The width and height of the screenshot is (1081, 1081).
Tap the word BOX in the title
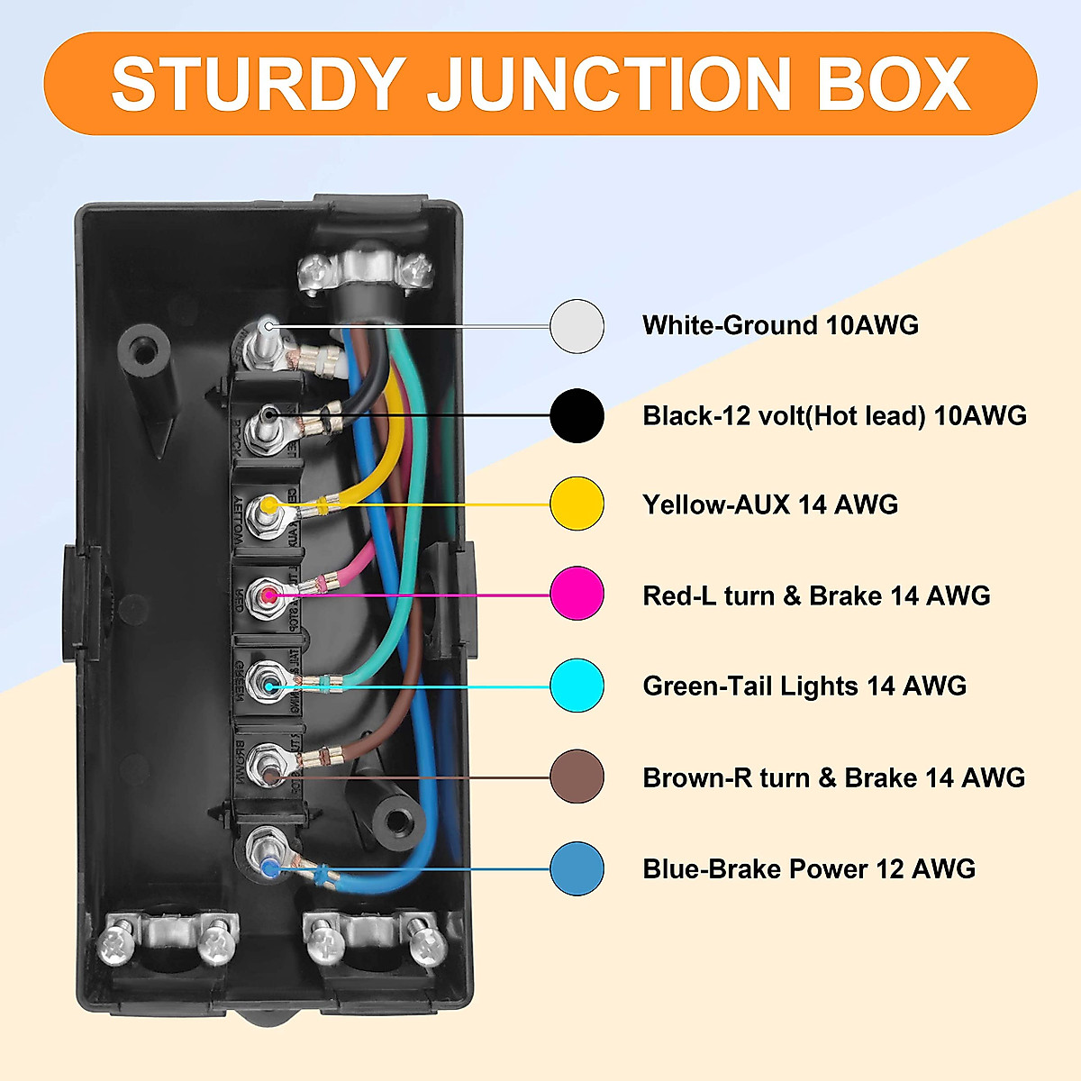(893, 84)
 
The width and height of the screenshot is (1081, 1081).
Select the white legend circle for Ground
(577, 326)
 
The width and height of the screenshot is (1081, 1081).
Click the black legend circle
(577, 415)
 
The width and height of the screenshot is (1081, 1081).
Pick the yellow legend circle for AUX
(577, 504)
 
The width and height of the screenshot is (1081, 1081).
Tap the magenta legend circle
(577, 594)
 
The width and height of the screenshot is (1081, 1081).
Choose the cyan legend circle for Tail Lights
(577, 686)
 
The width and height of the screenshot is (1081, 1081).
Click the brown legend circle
(577, 777)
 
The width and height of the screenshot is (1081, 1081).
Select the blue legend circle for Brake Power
(577, 868)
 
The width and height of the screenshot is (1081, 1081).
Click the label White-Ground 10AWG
(780, 325)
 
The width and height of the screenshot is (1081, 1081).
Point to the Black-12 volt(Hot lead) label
(834, 415)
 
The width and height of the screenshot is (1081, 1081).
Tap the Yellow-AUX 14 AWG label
(770, 504)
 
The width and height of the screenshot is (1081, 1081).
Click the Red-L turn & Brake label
(816, 595)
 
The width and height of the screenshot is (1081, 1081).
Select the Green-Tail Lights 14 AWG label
(804, 686)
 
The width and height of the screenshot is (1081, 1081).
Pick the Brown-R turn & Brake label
(833, 777)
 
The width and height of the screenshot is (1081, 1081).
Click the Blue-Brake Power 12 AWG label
(809, 869)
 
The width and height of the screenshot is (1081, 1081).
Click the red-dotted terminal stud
(268, 595)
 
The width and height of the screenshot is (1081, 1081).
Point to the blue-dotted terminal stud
(268, 865)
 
